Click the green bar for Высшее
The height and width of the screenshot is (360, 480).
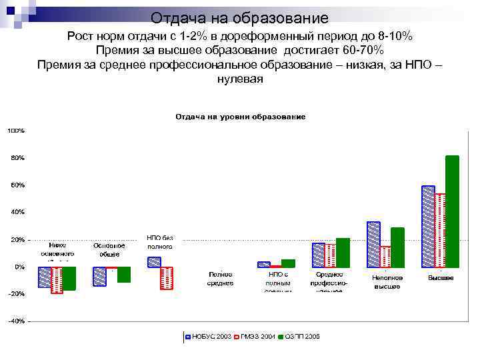point(453,211)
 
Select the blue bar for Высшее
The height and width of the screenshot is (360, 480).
point(428,226)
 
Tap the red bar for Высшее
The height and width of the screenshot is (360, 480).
point(440,230)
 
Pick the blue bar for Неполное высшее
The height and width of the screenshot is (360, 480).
point(373,244)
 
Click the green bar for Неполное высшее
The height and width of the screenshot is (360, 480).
point(397,247)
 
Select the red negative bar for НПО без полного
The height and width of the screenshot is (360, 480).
point(166,278)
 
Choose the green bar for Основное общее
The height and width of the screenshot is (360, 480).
point(124,274)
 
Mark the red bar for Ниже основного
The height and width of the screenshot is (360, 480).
point(57,280)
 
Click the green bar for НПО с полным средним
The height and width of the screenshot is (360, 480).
point(288,263)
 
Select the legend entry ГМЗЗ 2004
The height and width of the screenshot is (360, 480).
point(257,337)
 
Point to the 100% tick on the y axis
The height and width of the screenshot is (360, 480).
point(16,130)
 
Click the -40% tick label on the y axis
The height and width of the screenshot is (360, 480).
point(16,321)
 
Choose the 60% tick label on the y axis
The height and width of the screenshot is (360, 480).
point(17,185)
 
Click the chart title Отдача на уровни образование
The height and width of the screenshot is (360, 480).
point(240,117)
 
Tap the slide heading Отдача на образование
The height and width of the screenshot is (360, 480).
point(239,18)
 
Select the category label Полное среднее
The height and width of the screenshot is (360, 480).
point(220,279)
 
